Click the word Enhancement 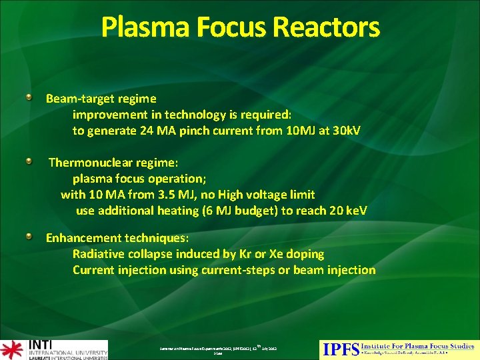[84, 238]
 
